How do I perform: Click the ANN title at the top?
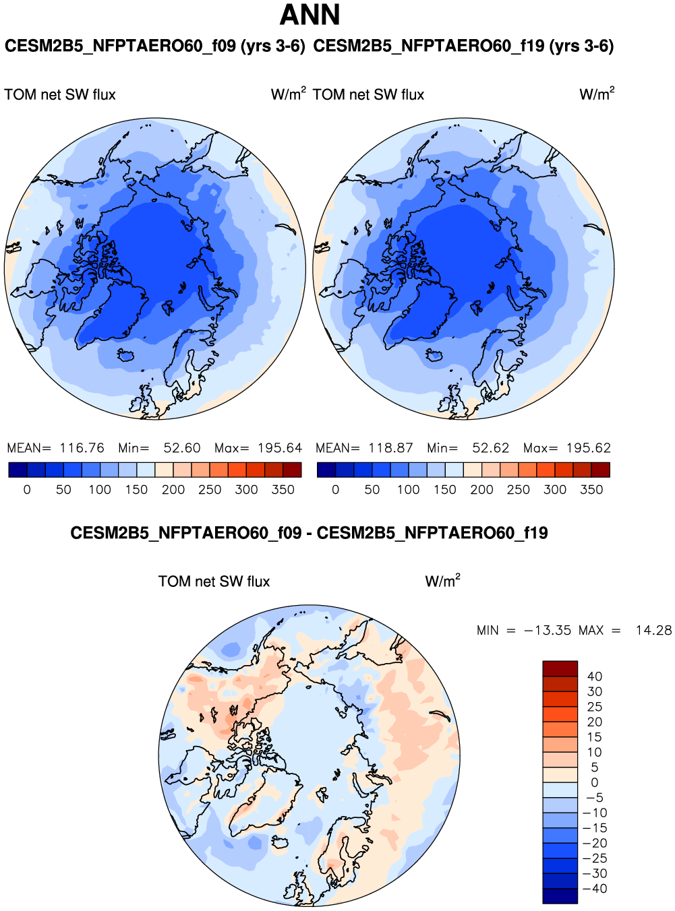pos(310,15)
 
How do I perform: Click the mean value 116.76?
pos(82,448)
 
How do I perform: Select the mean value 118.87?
pos(390,448)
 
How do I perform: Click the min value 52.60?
pos(182,448)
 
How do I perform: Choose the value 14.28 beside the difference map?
pos(653,631)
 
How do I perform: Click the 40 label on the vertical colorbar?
pos(595,677)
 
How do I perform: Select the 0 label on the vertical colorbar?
pos(595,783)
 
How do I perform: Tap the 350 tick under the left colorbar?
pos(283,490)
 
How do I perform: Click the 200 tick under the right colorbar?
pos(481,490)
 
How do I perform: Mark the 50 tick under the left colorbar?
pos(63,490)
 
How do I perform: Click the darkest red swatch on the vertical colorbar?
pos(560,668)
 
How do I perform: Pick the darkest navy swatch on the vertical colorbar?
pos(560,896)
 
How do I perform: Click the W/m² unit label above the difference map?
pos(442,581)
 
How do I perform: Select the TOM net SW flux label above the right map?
pos(368,95)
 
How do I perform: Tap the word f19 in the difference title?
pos(533,534)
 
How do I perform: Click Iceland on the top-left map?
pos(125,354)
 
